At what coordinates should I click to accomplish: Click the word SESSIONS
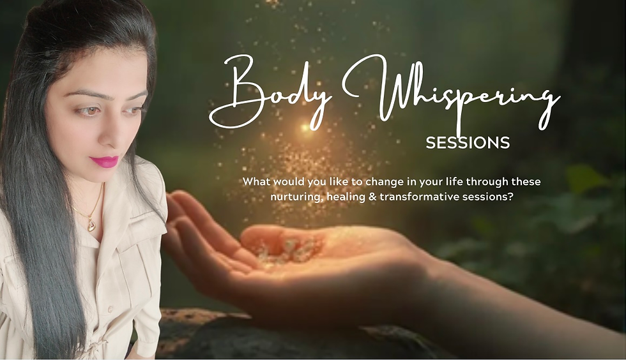(468, 142)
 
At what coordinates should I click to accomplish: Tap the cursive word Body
(270, 94)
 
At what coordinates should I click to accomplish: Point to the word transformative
(419, 197)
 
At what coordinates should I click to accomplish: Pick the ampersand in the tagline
(372, 197)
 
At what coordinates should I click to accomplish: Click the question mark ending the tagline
(510, 197)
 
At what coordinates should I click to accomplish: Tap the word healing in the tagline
(346, 197)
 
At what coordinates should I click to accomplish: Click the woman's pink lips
(104, 161)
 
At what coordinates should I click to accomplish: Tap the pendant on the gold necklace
(91, 226)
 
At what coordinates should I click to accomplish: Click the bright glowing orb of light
(305, 128)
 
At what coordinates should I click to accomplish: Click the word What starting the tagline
(257, 182)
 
